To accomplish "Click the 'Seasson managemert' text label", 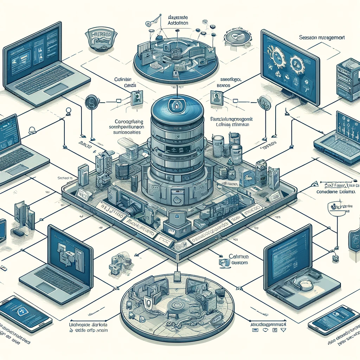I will tap(321, 37).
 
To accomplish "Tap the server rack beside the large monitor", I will tap(347, 79).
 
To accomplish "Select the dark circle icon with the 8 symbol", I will tap(91, 102).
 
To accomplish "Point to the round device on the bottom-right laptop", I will tap(305, 284).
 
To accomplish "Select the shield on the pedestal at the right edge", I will tap(354, 239).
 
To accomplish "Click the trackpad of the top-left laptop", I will tap(55, 89).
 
